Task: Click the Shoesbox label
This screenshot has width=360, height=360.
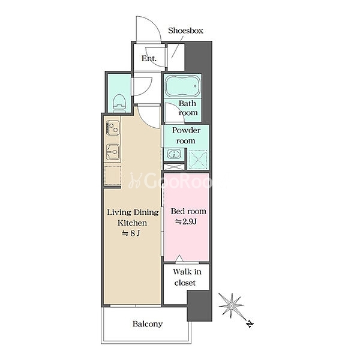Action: (185, 31)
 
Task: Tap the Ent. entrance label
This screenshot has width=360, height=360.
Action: (149, 58)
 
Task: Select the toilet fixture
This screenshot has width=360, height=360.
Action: (119, 103)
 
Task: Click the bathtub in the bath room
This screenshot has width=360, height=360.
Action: (182, 86)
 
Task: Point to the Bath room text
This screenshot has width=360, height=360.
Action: (188, 108)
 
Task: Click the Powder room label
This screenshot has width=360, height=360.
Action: (186, 136)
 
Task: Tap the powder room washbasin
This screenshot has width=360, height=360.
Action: (174, 154)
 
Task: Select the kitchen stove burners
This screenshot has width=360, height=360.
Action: (113, 128)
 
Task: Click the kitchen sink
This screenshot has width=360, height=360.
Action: (113, 152)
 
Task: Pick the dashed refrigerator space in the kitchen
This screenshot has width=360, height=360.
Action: (113, 176)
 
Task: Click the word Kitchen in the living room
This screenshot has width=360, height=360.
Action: (132, 223)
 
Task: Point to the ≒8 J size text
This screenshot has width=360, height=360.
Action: (131, 233)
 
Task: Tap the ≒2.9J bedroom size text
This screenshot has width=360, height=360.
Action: (186, 221)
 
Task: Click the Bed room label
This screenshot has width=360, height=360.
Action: (188, 211)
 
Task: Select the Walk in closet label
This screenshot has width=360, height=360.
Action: (187, 277)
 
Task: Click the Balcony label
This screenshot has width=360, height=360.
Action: (148, 324)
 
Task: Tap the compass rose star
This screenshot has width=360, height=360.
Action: (231, 305)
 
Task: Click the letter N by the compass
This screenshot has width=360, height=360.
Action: (250, 324)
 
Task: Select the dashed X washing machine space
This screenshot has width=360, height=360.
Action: (198, 160)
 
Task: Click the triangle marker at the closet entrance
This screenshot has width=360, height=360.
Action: (179, 258)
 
